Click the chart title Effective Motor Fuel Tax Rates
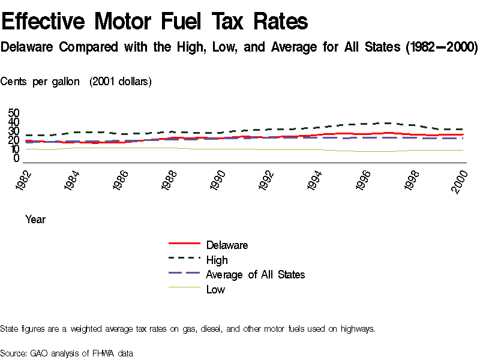click(155, 22)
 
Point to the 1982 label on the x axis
click(24, 181)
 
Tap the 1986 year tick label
click(122, 181)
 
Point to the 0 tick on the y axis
click(17, 158)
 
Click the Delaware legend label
click(227, 245)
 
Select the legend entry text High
click(217, 260)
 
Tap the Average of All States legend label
click(255, 274)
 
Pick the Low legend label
click(215, 289)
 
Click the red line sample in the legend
click(184, 244)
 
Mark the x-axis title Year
click(35, 220)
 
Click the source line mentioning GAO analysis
click(66, 353)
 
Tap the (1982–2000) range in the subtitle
click(443, 47)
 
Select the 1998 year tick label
click(411, 181)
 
